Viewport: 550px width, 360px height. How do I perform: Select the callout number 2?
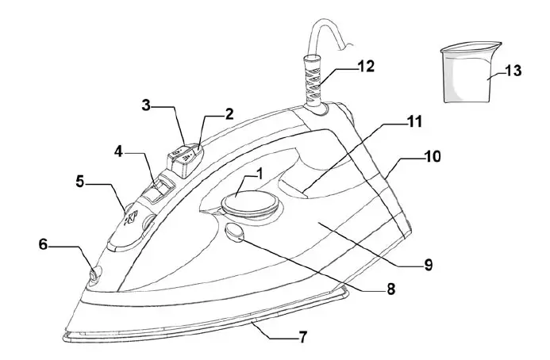click(x=229, y=113)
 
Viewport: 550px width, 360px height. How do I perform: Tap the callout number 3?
click(x=147, y=105)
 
